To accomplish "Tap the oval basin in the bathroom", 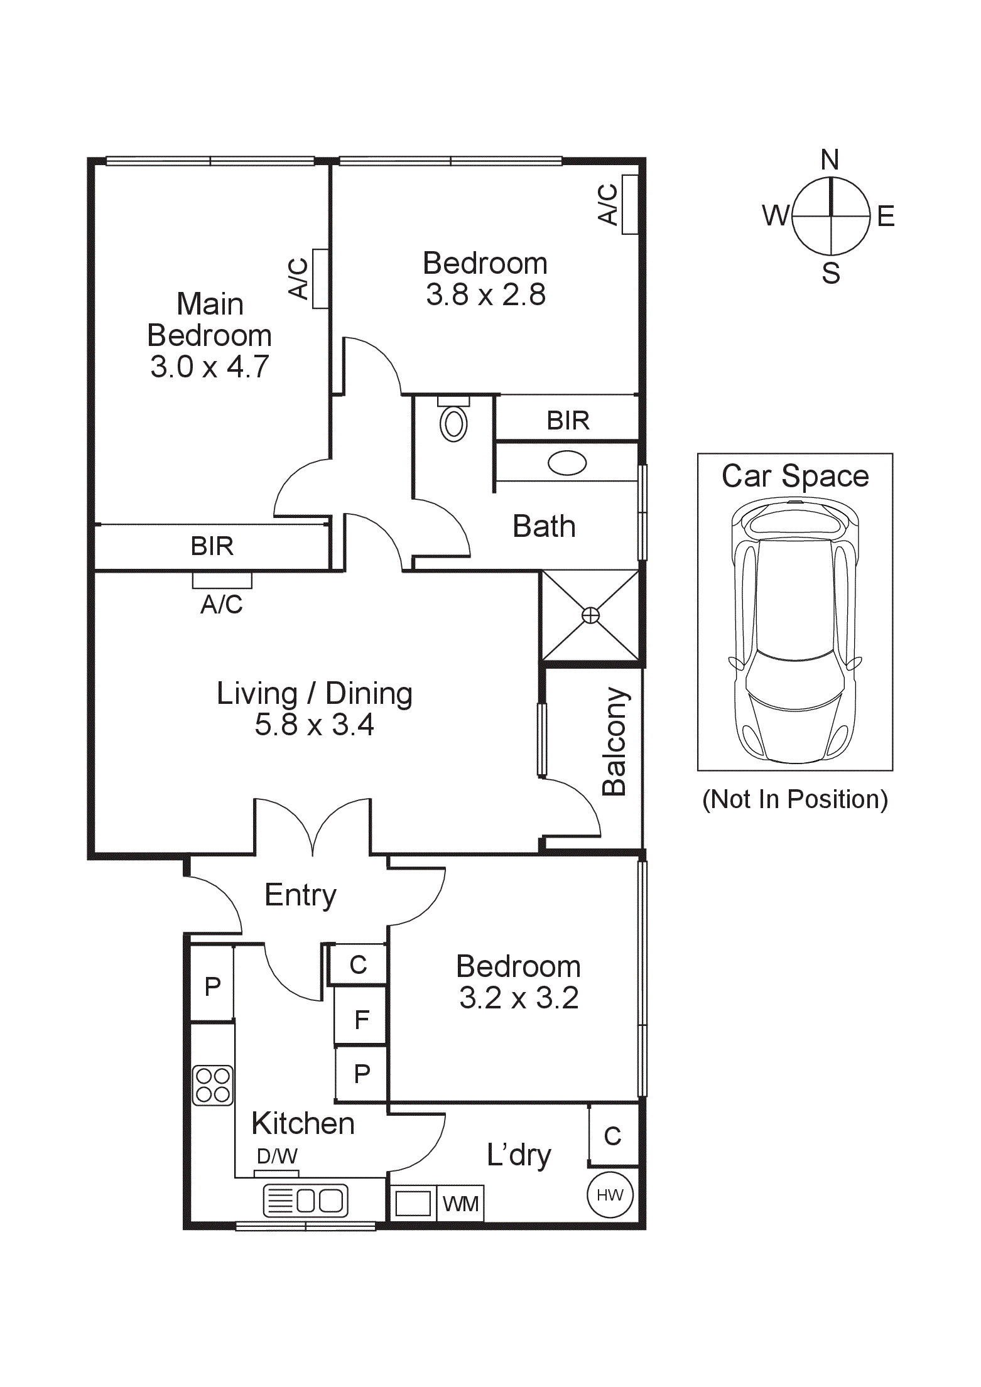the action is coord(567,463).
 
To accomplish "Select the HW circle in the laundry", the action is coord(610,1195).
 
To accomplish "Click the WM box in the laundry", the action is coord(460,1203).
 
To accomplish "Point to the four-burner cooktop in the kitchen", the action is coord(213,1086).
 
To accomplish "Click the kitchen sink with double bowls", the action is coord(305,1201).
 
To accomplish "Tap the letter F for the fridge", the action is coord(361,1020).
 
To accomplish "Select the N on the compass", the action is coord(830,160).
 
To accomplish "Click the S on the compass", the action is coord(831,273).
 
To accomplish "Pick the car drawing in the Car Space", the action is coord(794,630).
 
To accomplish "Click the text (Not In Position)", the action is coord(795,799).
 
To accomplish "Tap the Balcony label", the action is coord(614,742).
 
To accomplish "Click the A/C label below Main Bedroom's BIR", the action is coord(222,604).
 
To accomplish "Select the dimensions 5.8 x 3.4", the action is coord(315,725).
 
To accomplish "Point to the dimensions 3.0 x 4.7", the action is coord(210,367).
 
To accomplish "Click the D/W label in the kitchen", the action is coord(277,1156).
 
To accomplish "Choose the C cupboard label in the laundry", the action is coord(612,1136).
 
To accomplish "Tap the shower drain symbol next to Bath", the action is coord(590,615).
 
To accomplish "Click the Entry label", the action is coord(301,896).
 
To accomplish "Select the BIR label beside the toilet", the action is coord(568,421).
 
